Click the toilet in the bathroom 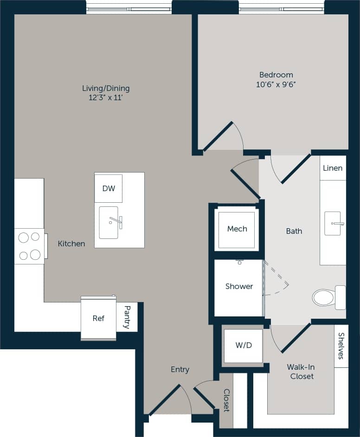(x=327, y=297)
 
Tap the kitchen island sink (x=109, y=222)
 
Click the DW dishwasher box (x=109, y=188)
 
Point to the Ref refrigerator (x=98, y=318)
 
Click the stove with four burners (x=29, y=246)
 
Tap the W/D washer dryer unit (x=243, y=346)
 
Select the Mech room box (x=237, y=229)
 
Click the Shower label (x=239, y=286)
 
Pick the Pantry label (x=127, y=317)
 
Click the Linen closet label (x=333, y=168)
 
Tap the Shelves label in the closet (x=341, y=346)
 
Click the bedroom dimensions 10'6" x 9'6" (x=276, y=84)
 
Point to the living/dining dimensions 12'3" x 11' (x=106, y=98)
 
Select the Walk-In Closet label (x=302, y=372)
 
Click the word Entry (x=180, y=369)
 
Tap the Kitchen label (x=71, y=244)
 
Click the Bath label (x=294, y=231)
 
